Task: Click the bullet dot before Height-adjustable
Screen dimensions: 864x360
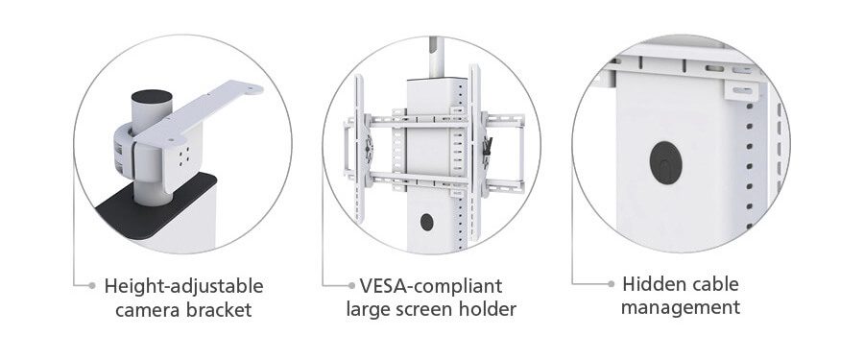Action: point(91,285)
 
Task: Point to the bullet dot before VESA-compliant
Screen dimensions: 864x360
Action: point(350,285)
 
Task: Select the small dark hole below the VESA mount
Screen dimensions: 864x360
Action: point(426,222)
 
